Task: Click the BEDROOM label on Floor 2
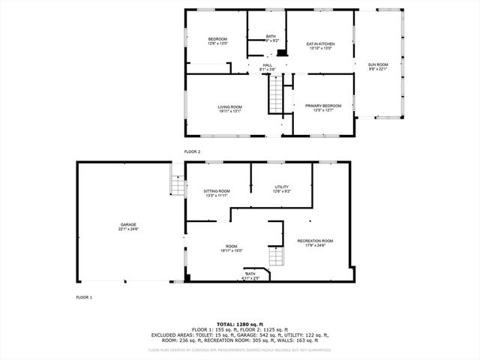pos(217,39)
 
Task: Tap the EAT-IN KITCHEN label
pos(320,44)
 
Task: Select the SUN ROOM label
pos(377,64)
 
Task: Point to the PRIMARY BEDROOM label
pos(322,106)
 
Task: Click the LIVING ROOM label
pos(229,106)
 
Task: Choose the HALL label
pos(268,65)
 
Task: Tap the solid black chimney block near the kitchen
pos(281,52)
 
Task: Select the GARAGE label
pos(129,224)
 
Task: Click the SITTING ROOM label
pos(217,191)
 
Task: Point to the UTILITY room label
pos(282,187)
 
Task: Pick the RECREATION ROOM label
pos(315,241)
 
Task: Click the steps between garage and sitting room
pos(177,184)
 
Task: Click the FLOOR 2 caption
pos(192,151)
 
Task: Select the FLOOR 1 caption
pos(84,298)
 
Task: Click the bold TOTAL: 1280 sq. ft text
pos(240,323)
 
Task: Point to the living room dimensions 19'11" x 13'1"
pos(229,111)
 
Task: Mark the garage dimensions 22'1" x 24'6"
pos(129,229)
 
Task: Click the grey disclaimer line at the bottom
pos(240,349)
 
